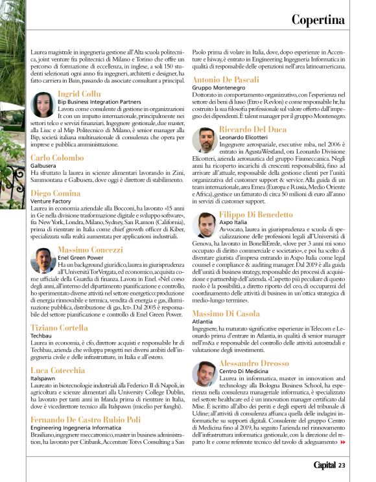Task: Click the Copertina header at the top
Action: (318, 19)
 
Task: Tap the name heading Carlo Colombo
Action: (57, 157)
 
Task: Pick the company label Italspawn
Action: (43, 377)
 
